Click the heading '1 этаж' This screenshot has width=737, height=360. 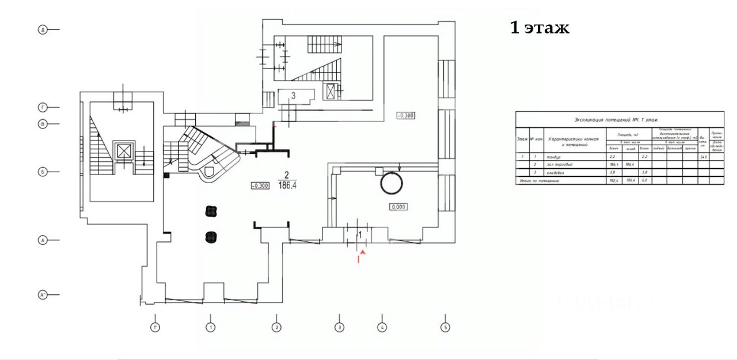click(x=540, y=28)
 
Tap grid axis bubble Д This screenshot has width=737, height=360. click(x=42, y=29)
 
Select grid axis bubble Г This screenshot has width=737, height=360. click(x=42, y=107)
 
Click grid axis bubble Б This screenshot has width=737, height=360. click(x=42, y=172)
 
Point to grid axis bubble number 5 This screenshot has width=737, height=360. click(x=445, y=328)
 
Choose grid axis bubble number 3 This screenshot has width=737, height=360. click(x=340, y=328)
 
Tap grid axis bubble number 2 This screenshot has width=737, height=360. click(x=276, y=328)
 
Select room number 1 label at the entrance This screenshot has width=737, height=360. click(x=360, y=235)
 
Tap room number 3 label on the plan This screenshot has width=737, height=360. click(x=293, y=96)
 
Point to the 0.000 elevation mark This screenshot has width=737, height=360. click(x=399, y=206)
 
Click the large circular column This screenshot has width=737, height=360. click(x=391, y=183)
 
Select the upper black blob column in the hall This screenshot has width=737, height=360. click(x=210, y=211)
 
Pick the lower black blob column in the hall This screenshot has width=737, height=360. click(x=210, y=236)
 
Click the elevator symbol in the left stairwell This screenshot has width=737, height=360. click(x=124, y=151)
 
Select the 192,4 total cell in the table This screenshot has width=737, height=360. click(x=613, y=181)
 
